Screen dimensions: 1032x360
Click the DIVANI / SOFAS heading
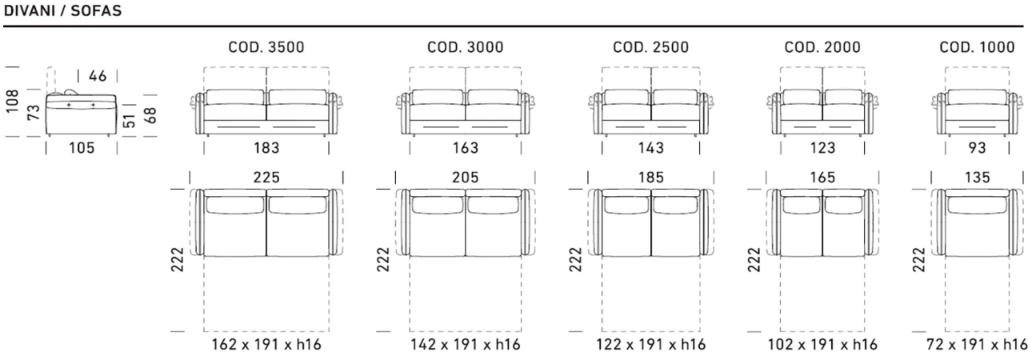pyautogui.click(x=62, y=10)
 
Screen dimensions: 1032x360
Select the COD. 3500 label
pyautogui.click(x=266, y=47)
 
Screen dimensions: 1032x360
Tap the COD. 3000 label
pyautogui.click(x=466, y=47)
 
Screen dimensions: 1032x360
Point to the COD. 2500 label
pyautogui.click(x=650, y=47)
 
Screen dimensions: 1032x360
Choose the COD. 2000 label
pyautogui.click(x=822, y=47)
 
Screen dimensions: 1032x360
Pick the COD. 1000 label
pyautogui.click(x=977, y=47)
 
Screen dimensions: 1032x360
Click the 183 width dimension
pyautogui.click(x=266, y=148)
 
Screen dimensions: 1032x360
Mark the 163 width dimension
pyautogui.click(x=466, y=148)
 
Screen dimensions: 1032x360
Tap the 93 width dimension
pyautogui.click(x=977, y=148)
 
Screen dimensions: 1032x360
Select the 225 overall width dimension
pyautogui.click(x=266, y=178)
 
